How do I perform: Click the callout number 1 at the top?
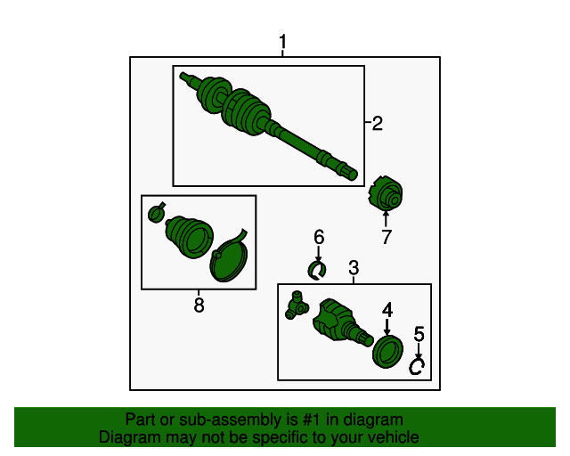283,42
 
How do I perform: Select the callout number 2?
378,124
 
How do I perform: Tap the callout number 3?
354,268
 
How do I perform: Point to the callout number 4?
387,310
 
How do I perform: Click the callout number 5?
419,334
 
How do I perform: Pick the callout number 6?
319,237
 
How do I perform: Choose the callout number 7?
386,237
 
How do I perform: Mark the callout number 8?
199,305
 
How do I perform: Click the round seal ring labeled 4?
388,352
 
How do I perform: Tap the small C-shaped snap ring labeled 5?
411,367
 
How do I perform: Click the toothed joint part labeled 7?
386,194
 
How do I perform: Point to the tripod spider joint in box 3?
297,305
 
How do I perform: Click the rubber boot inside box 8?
189,238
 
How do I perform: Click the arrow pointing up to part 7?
386,219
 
